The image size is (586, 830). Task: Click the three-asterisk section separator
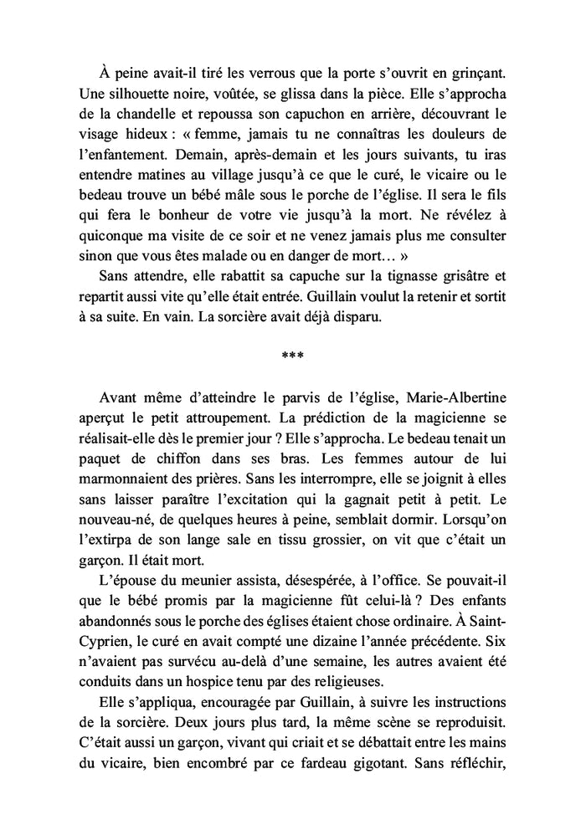click(293, 355)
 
